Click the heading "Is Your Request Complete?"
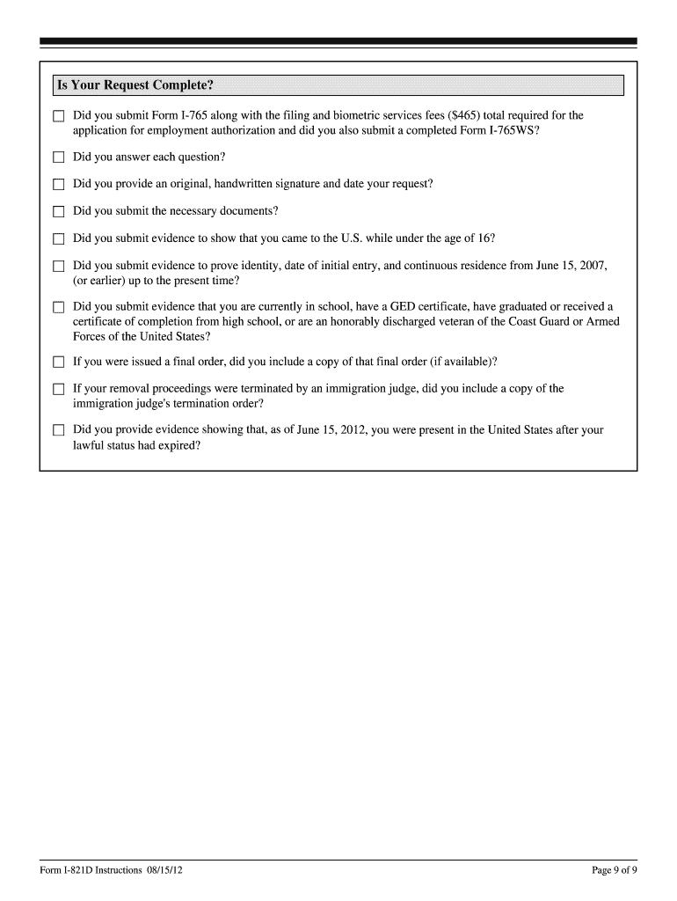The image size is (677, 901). pyautogui.click(x=135, y=85)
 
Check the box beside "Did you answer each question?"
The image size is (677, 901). pyautogui.click(x=59, y=157)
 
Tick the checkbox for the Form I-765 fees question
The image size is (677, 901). pyautogui.click(x=59, y=116)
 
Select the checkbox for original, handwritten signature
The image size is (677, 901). pyautogui.click(x=59, y=185)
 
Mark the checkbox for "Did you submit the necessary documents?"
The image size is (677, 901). pyautogui.click(x=59, y=211)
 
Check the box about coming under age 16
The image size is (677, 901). pyautogui.click(x=59, y=238)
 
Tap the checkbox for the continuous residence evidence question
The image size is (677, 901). pyautogui.click(x=59, y=266)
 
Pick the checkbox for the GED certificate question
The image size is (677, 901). pyautogui.click(x=59, y=307)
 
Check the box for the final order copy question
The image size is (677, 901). pyautogui.click(x=59, y=362)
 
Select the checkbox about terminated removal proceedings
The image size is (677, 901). pyautogui.click(x=59, y=389)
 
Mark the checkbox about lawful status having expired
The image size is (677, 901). pyautogui.click(x=59, y=430)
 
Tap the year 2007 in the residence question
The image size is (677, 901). pyautogui.click(x=593, y=265)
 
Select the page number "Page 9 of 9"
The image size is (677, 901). pyautogui.click(x=614, y=870)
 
